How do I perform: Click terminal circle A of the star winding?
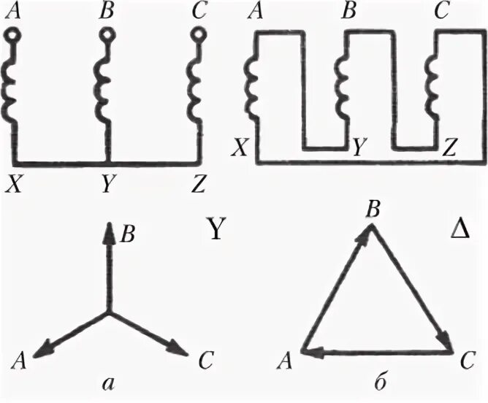tap(14, 34)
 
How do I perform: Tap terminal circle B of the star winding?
tap(107, 34)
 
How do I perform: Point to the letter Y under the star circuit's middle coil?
tap(107, 185)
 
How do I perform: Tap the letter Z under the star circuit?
tap(198, 185)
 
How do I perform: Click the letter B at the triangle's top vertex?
tap(373, 210)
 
